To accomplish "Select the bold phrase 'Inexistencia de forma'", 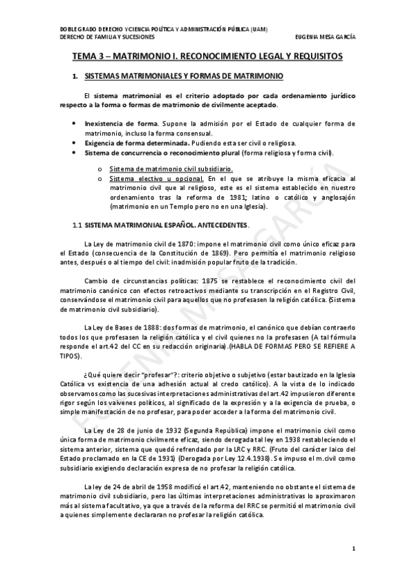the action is [x=116, y=123].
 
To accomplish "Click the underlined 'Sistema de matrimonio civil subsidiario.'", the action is [x=161, y=169].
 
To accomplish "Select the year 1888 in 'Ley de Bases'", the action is [x=152, y=327].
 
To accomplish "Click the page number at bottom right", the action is [x=354, y=549].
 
